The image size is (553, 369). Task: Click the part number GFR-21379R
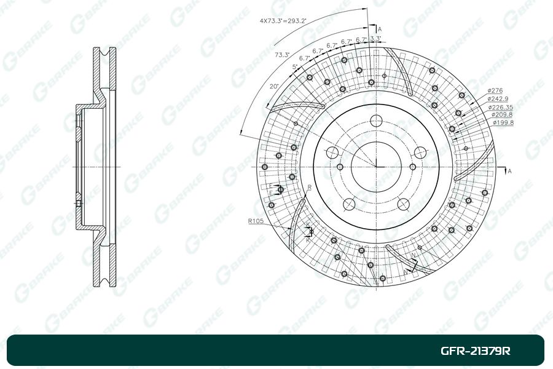[x=475, y=351]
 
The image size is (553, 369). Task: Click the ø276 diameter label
[x=495, y=90]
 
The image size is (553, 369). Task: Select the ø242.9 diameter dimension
[x=498, y=98]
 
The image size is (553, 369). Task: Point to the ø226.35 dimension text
[x=501, y=107]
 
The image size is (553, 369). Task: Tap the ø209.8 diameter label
[x=501, y=114]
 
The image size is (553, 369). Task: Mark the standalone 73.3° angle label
[x=282, y=55]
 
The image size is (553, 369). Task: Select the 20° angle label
[x=273, y=87]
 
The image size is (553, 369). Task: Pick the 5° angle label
[x=295, y=66]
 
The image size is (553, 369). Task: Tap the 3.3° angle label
[x=375, y=39]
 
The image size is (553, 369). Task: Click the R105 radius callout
[x=256, y=220]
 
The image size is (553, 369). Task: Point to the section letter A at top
[x=380, y=29]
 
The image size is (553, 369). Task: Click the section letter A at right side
[x=509, y=170]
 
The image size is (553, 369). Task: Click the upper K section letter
[x=308, y=225]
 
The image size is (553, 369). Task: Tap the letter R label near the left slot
[x=309, y=186]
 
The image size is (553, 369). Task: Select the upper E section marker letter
[x=270, y=185]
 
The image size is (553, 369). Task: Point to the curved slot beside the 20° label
[x=295, y=106]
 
